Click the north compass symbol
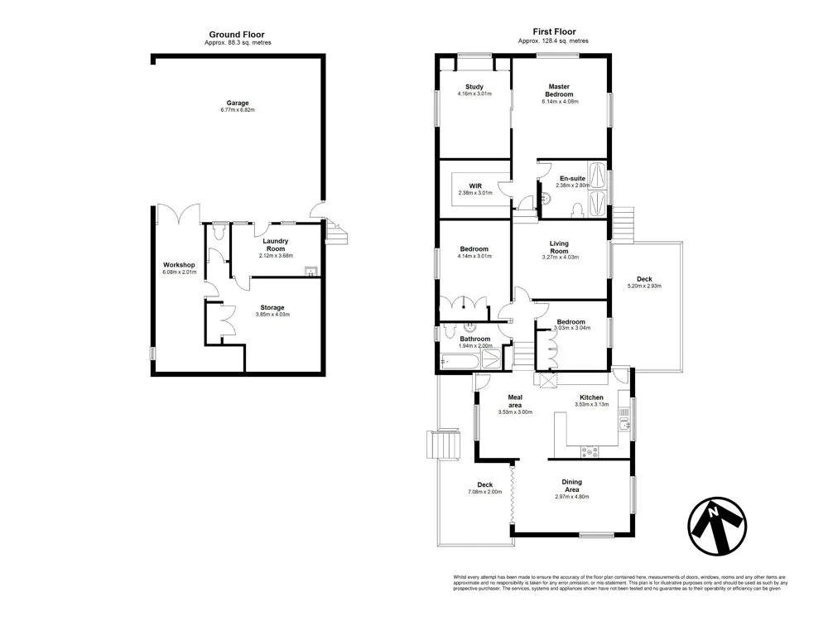coord(716,527)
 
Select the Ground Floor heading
coord(238,34)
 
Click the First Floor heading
coord(554,32)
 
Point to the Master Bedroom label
coord(560,89)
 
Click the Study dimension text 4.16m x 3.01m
coord(474,94)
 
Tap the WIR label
coord(475,185)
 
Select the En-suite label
coord(572,178)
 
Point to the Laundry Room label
coord(274,245)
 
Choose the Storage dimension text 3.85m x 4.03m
coord(272,315)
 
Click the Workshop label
coord(179,265)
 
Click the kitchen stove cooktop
coord(590,451)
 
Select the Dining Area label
coord(571,485)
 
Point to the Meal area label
coord(514,401)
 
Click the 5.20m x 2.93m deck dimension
coord(643,286)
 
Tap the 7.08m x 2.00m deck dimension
coord(484,493)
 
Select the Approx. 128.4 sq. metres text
coord(554,41)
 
